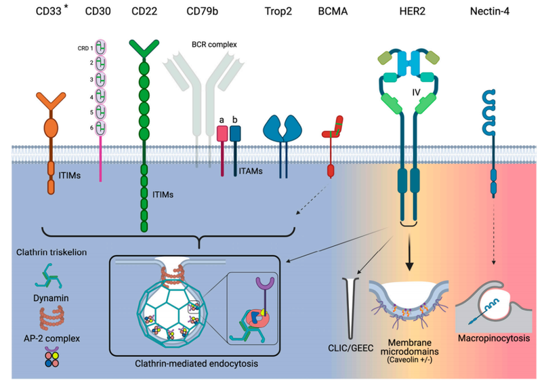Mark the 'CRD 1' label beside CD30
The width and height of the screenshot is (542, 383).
pos(86,48)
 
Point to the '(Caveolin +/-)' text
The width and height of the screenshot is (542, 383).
pos(413,359)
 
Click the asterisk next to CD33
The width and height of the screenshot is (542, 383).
pos(66,7)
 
